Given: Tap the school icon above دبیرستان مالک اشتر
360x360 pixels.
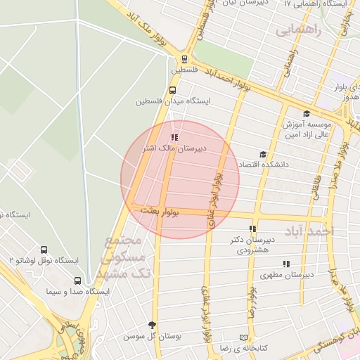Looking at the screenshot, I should point(174,138).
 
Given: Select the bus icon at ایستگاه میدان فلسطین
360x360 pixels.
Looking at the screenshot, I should point(173,90).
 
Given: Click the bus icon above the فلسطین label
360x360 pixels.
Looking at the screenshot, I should point(184,60).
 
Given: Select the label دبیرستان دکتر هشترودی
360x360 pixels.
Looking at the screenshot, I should point(252,245).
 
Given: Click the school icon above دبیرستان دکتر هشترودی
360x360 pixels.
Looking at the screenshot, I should point(252,229).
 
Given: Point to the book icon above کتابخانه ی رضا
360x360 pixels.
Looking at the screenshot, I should point(244,337).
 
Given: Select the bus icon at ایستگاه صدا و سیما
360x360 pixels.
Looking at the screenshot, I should point(77,280).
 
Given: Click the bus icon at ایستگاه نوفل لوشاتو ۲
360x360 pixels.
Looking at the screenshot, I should point(44,250).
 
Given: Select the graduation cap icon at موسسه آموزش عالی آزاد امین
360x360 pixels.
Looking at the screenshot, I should point(306,114).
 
